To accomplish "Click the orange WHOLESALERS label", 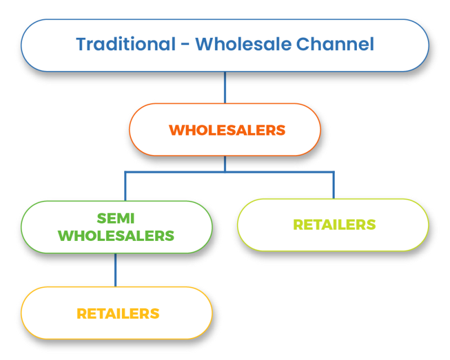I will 227,130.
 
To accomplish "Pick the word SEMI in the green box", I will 116,218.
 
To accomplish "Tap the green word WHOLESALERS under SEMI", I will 116,236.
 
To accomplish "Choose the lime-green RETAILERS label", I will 334,225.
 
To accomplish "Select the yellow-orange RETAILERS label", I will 118,313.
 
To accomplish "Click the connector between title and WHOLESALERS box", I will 225,87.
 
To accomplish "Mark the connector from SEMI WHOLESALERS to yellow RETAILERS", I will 116,269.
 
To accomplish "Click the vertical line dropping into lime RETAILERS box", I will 333,185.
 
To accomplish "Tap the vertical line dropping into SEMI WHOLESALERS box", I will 125,185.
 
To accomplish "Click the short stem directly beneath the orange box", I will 225,163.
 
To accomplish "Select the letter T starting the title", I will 81,44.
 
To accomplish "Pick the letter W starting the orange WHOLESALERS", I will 176,130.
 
